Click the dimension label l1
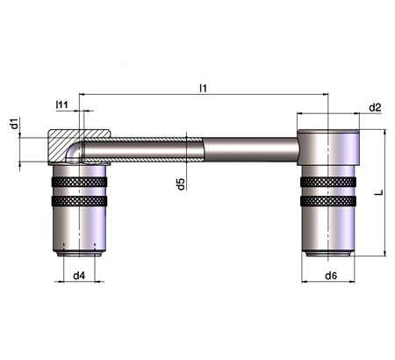point(203,88)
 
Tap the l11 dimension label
point(61,104)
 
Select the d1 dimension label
point(15,123)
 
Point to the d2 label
point(375,108)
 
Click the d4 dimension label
point(79,276)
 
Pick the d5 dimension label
point(182,184)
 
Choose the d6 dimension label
point(331,276)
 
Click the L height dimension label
point(379,192)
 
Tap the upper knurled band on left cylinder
point(79,182)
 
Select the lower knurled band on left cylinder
point(79,201)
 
